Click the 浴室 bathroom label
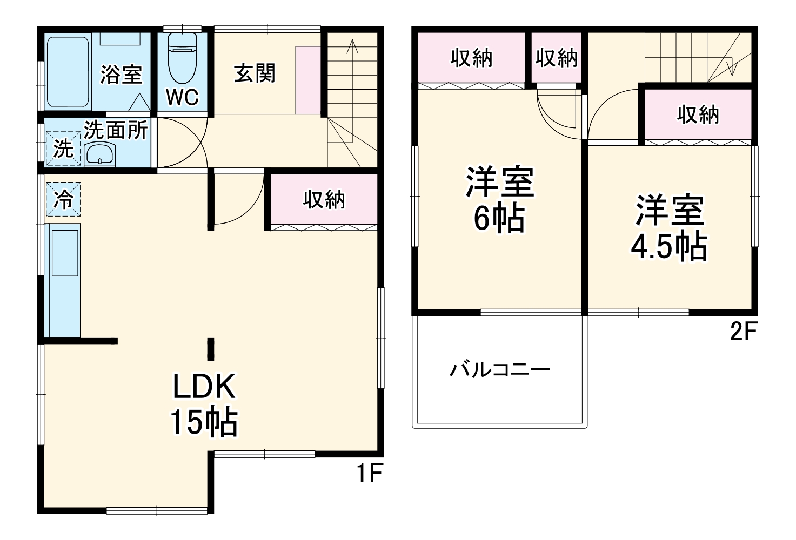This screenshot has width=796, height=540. [x=121, y=75]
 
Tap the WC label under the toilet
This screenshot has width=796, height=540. [x=182, y=97]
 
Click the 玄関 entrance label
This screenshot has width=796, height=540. [x=255, y=73]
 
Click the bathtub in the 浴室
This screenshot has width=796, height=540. [x=67, y=72]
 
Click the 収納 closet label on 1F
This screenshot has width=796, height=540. [x=324, y=199]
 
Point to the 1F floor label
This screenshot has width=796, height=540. [x=370, y=474]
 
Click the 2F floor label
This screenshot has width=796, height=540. [x=743, y=332]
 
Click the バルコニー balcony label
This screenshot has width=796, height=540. [x=500, y=370]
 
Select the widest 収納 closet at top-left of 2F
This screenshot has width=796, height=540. [x=471, y=58]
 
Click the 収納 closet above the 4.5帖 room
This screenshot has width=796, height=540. [x=698, y=114]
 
